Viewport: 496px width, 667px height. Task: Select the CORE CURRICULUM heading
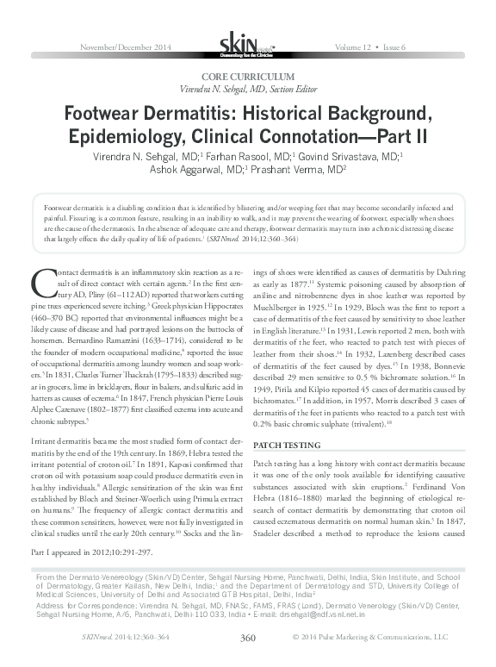pos(247,78)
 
